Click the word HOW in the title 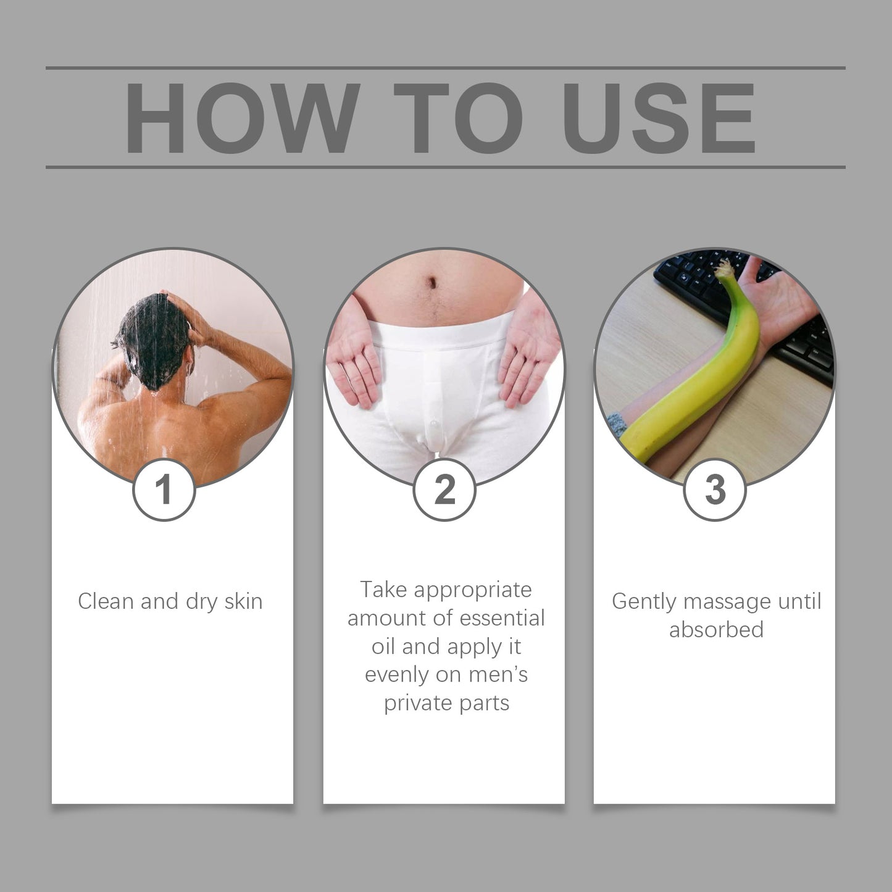coord(242,118)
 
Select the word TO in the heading coord(458,118)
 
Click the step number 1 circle coord(164,490)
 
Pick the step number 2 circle coord(444,490)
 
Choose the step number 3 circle coord(715,490)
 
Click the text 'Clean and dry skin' coord(170,601)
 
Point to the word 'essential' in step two coord(503,618)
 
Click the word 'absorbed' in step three coord(716,630)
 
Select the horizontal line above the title coord(445,67)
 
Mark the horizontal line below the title coord(445,167)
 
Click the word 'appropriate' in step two coord(472,590)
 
